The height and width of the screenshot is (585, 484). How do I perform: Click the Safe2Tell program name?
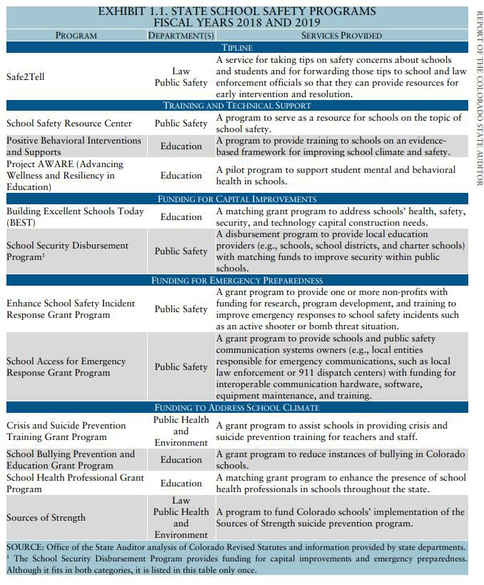[x=26, y=76]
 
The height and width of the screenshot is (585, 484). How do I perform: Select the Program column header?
[x=76, y=35]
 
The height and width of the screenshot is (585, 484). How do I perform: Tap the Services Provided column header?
[x=341, y=35]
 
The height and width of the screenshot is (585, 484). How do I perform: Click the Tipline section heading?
[x=237, y=47]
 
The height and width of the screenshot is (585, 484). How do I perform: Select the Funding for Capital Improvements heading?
[x=237, y=199]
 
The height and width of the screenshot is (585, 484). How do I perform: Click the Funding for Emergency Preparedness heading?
[x=237, y=281]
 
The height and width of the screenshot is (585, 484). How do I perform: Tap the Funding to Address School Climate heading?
[x=237, y=408]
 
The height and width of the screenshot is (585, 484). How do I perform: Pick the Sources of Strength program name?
[x=46, y=518]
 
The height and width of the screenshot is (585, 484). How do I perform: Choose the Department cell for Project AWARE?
[x=181, y=176]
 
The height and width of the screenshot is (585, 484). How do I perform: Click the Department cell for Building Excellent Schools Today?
[x=181, y=217]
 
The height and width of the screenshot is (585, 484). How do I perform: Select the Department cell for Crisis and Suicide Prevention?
[x=181, y=431]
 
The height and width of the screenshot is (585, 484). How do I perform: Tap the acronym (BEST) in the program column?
[x=21, y=223]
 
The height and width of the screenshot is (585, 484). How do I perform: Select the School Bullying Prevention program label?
[x=71, y=459]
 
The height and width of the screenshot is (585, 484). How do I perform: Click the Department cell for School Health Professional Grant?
[x=181, y=484]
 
